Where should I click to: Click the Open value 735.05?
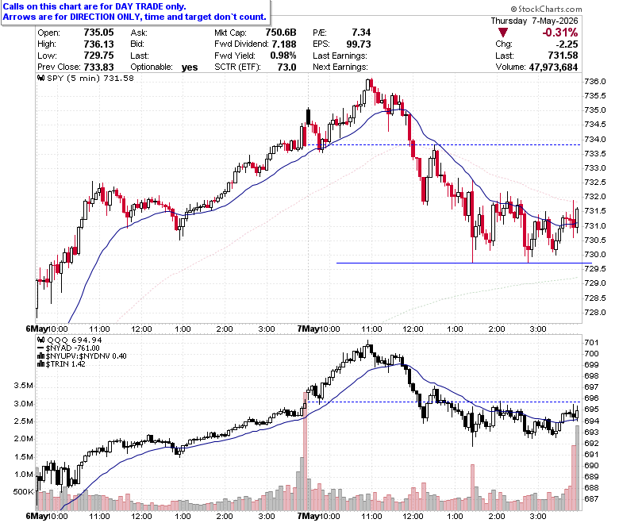tap(98, 33)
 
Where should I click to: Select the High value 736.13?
tap(98, 44)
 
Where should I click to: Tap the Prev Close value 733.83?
tap(98, 67)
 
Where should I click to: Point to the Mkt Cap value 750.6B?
tap(281, 33)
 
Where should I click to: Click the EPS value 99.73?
tap(359, 44)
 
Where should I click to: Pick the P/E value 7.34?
tap(361, 33)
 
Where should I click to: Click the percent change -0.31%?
tap(559, 33)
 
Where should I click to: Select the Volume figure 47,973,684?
tap(553, 67)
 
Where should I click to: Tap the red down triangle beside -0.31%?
tap(503, 33)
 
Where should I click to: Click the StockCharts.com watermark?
tap(546, 9)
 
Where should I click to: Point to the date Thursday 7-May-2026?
tap(534, 21)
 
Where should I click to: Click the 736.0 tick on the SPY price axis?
tap(595, 82)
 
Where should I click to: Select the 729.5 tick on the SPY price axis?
tap(595, 269)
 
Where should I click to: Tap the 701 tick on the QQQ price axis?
tap(591, 343)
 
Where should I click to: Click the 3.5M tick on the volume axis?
tap(23, 386)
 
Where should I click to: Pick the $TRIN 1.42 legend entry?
tap(62, 364)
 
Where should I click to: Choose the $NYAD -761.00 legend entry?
tap(68, 348)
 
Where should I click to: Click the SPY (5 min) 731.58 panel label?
tap(86, 78)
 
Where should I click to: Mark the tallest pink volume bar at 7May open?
tap(305, 451)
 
